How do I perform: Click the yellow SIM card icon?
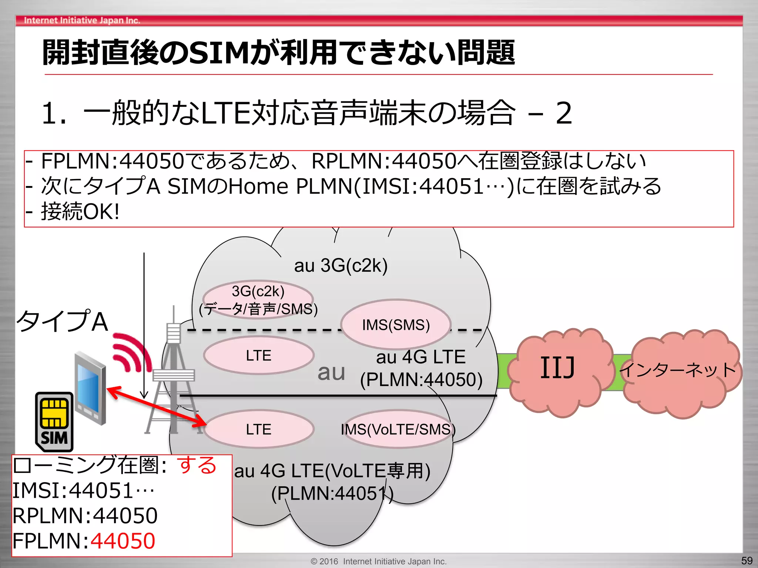point(54,422)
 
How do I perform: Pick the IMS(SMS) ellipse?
point(396,325)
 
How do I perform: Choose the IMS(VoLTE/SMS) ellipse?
point(398,429)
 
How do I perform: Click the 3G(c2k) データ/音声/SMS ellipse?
point(258,300)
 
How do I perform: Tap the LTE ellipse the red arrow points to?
point(259,429)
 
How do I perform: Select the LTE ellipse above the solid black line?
point(259,355)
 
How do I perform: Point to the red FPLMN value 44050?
point(123,541)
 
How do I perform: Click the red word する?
point(197,465)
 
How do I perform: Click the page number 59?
point(747,561)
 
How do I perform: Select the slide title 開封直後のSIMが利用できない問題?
point(278,53)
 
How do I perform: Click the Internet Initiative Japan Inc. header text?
point(82,20)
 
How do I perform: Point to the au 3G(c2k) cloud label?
point(341,265)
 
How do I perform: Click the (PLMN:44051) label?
point(332,493)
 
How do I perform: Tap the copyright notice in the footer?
point(379,561)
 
